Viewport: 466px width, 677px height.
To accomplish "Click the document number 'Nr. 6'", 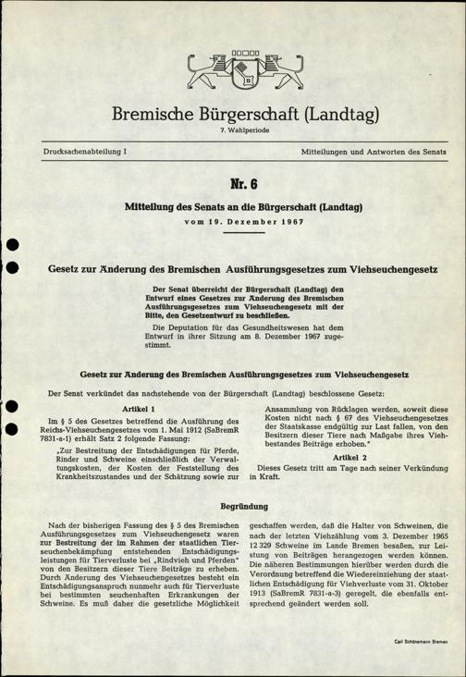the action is click(233, 182).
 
